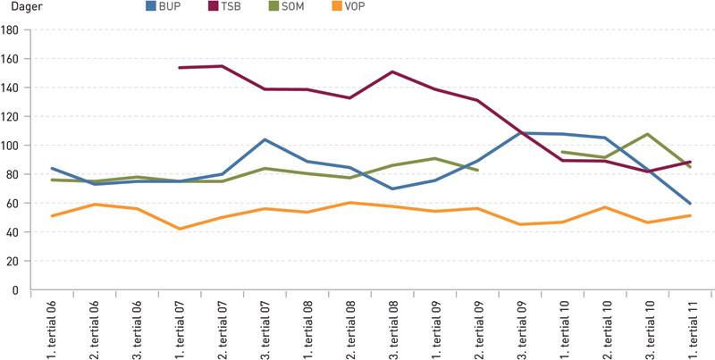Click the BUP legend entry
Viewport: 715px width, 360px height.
click(x=166, y=8)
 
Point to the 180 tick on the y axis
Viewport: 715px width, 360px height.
click(x=11, y=30)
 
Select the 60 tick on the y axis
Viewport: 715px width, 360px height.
click(x=13, y=204)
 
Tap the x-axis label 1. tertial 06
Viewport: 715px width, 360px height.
click(x=53, y=326)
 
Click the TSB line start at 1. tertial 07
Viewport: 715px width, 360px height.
click(x=179, y=68)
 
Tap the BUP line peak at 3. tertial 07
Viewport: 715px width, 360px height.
click(x=265, y=139)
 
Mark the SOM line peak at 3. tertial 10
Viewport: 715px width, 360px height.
click(x=647, y=134)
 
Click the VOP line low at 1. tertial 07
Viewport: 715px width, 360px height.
click(x=180, y=229)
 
